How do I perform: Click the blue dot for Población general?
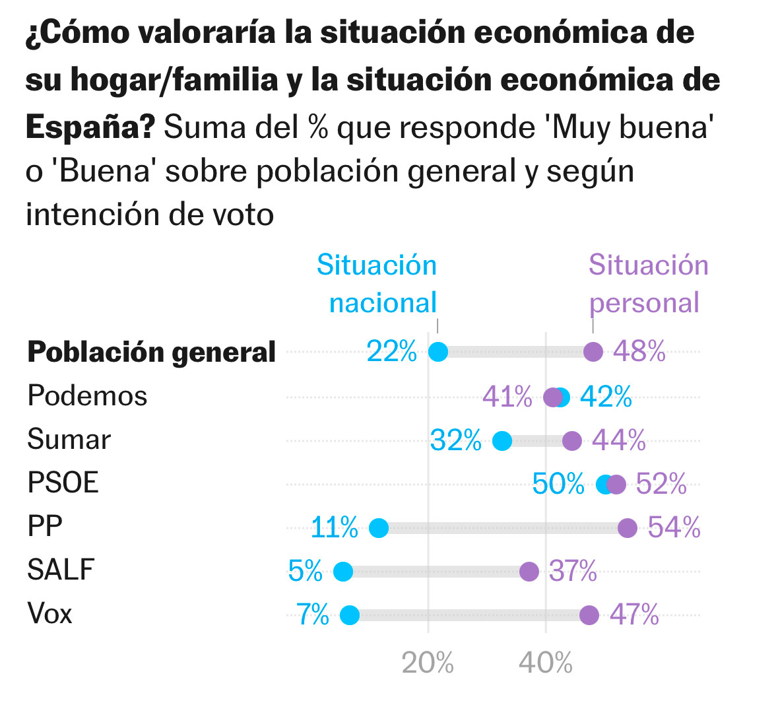[x=438, y=352]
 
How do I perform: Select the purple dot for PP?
[x=628, y=527]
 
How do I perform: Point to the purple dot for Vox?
[x=589, y=615]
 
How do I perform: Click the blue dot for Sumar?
[x=502, y=441]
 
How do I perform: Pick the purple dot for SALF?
[x=529, y=572]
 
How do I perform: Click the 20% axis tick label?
[x=428, y=663]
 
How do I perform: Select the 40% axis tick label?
[x=545, y=663]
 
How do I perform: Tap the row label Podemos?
[x=87, y=396]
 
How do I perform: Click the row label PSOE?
[x=63, y=483]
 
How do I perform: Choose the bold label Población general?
[x=151, y=353]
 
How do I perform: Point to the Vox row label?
[x=49, y=614]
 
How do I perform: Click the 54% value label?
[x=674, y=527]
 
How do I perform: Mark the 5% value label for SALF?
[x=306, y=571]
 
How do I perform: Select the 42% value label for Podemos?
[x=606, y=397]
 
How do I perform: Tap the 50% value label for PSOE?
[x=558, y=484]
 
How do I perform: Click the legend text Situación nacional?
[x=377, y=284]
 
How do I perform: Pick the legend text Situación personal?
[x=648, y=284]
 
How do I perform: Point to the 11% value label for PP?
[x=335, y=527]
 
